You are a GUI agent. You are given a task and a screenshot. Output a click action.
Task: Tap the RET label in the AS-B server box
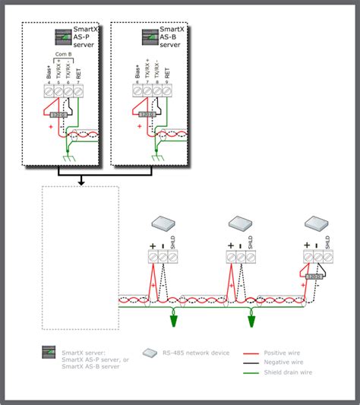click(166, 74)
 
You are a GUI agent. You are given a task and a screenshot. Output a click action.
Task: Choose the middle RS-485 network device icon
click(242, 223)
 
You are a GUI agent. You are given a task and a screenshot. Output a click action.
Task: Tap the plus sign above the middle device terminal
click(229, 246)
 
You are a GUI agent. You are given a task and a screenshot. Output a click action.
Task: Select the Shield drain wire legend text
click(289, 372)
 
